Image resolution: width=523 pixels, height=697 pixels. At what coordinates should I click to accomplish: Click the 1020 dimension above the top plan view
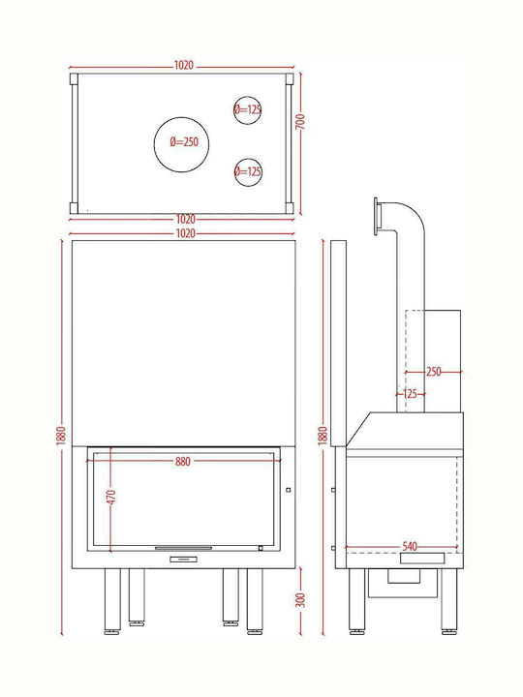[x=183, y=66]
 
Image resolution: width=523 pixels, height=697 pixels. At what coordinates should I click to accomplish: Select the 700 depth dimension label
[x=300, y=122]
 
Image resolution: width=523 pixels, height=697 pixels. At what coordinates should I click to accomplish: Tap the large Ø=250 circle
[x=181, y=144]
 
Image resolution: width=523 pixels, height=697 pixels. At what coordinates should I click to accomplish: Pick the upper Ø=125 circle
[x=247, y=110]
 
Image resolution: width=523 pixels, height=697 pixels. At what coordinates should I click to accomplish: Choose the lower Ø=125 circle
[x=248, y=172]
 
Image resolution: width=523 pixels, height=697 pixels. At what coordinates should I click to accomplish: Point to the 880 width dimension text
[x=183, y=462]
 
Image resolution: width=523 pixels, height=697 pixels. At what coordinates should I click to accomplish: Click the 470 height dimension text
[x=111, y=497]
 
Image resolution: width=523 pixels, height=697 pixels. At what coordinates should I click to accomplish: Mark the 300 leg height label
[x=300, y=600]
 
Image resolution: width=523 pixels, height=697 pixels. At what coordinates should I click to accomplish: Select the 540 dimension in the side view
[x=410, y=546]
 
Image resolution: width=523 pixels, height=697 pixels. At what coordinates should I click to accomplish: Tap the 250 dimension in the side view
[x=434, y=372]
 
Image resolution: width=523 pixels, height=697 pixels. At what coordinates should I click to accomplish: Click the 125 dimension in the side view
[x=410, y=394]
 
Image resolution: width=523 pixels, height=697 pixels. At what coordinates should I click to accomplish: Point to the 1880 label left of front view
[x=61, y=436]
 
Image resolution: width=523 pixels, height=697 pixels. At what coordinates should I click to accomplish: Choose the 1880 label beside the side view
[x=323, y=436]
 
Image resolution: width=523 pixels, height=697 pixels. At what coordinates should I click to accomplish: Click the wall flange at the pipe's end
[x=377, y=217]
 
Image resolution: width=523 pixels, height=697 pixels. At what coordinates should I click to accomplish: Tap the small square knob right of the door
[x=289, y=490]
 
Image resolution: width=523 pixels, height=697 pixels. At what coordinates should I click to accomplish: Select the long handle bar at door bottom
[x=183, y=548]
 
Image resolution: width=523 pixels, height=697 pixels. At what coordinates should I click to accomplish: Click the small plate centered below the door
[x=183, y=560]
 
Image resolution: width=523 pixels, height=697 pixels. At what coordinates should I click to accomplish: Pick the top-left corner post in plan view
[x=74, y=79]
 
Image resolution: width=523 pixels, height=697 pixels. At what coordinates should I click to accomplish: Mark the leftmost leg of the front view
[x=112, y=601]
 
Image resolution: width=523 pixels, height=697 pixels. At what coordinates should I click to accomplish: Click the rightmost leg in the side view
[x=448, y=601]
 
